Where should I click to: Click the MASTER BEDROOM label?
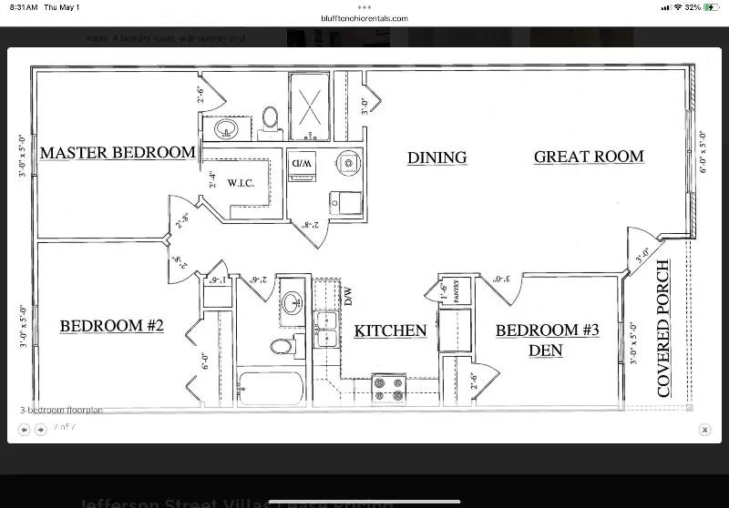point(117,152)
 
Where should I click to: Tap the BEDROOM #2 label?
point(112,325)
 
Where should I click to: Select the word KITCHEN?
point(390,330)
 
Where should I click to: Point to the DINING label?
point(436,157)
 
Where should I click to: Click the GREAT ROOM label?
point(589,157)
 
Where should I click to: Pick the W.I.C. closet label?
point(241,183)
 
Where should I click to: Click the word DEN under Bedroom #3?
point(547,350)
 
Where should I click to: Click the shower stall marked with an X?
point(311,107)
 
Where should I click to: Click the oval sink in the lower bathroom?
point(292,303)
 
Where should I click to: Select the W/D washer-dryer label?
point(302,163)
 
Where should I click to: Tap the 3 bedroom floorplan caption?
point(61,411)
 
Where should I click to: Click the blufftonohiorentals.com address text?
point(364,18)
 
